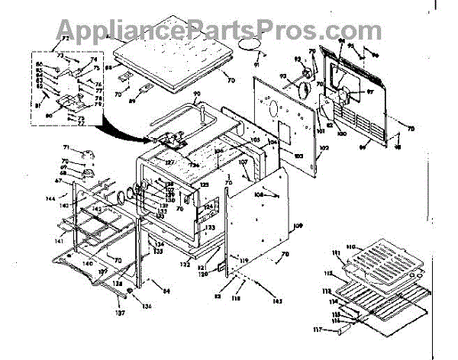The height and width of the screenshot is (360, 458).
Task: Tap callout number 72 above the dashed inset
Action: pyautogui.click(x=65, y=37)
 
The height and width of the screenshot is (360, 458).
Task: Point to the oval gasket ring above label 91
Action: pyautogui.click(x=247, y=47)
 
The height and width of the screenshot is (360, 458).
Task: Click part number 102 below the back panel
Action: pyautogui.click(x=324, y=147)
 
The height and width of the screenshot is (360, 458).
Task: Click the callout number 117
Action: pyautogui.click(x=337, y=329)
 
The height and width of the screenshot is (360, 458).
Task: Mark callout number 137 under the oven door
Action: pyautogui.click(x=120, y=312)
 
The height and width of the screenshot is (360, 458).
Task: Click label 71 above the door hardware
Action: pyautogui.click(x=66, y=147)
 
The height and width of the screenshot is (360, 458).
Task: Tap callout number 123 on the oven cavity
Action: pyautogui.click(x=209, y=227)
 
